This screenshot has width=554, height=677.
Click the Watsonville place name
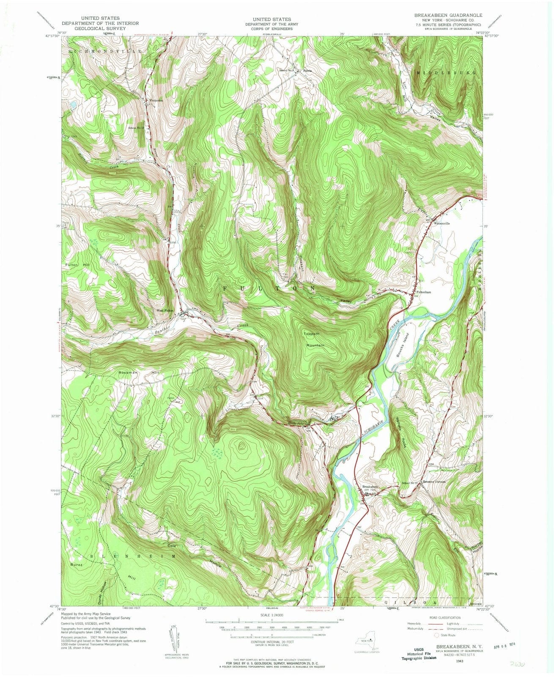point(442,223)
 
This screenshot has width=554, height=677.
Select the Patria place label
point(306,71)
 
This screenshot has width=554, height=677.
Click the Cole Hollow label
point(190,555)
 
